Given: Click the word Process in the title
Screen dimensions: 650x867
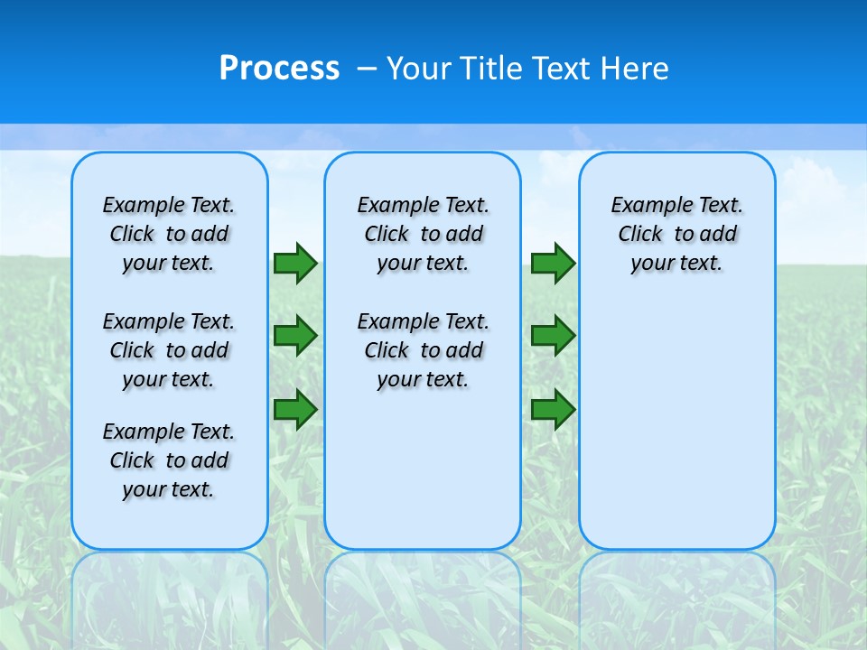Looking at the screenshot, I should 279,69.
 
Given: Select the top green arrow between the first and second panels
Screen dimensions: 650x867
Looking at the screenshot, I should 295,264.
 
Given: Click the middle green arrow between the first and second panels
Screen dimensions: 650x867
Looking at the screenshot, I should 295,336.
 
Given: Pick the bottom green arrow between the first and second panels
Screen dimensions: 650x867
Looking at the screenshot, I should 295,409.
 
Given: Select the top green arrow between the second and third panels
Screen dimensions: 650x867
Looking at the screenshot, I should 553,264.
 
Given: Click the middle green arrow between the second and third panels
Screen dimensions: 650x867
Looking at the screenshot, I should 553,336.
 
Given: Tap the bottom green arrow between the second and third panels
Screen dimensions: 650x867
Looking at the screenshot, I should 553,409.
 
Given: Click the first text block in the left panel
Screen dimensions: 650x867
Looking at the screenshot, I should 169,234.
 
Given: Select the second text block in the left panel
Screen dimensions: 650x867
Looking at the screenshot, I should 169,350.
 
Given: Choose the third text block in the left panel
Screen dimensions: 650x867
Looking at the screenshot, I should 169,460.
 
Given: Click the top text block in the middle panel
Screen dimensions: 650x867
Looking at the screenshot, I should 423,234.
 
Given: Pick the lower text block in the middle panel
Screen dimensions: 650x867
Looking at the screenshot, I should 423,350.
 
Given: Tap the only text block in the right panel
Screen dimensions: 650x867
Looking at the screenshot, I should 677,234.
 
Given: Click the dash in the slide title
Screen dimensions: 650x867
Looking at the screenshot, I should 367,69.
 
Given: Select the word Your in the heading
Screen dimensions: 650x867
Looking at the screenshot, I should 420,69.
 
